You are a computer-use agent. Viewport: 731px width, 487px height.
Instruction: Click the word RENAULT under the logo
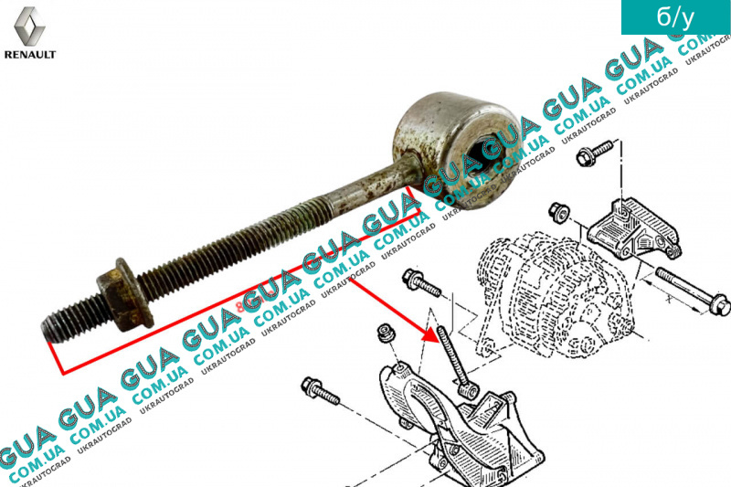(30, 55)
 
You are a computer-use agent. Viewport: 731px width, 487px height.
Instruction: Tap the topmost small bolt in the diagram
(595, 154)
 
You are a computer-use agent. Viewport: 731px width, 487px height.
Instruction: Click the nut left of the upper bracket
(560, 214)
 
